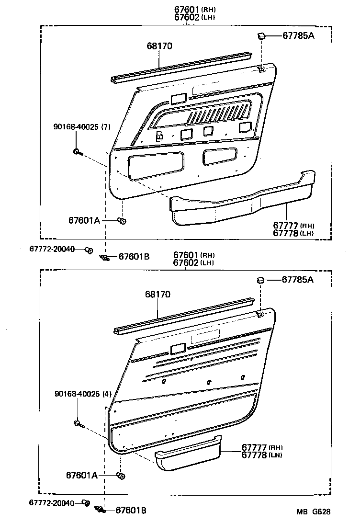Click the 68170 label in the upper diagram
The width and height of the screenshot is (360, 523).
[159, 46]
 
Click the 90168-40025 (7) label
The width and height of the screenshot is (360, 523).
[82, 126]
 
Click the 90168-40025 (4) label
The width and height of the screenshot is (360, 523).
[82, 394]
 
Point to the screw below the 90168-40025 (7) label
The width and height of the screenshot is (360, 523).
[78, 152]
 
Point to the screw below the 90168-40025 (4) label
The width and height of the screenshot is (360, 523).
[78, 423]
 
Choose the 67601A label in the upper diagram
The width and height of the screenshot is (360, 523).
[84, 220]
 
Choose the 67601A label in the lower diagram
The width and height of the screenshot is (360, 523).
[82, 475]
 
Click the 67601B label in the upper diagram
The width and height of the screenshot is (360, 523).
[134, 257]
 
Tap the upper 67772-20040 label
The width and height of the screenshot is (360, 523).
[52, 249]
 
